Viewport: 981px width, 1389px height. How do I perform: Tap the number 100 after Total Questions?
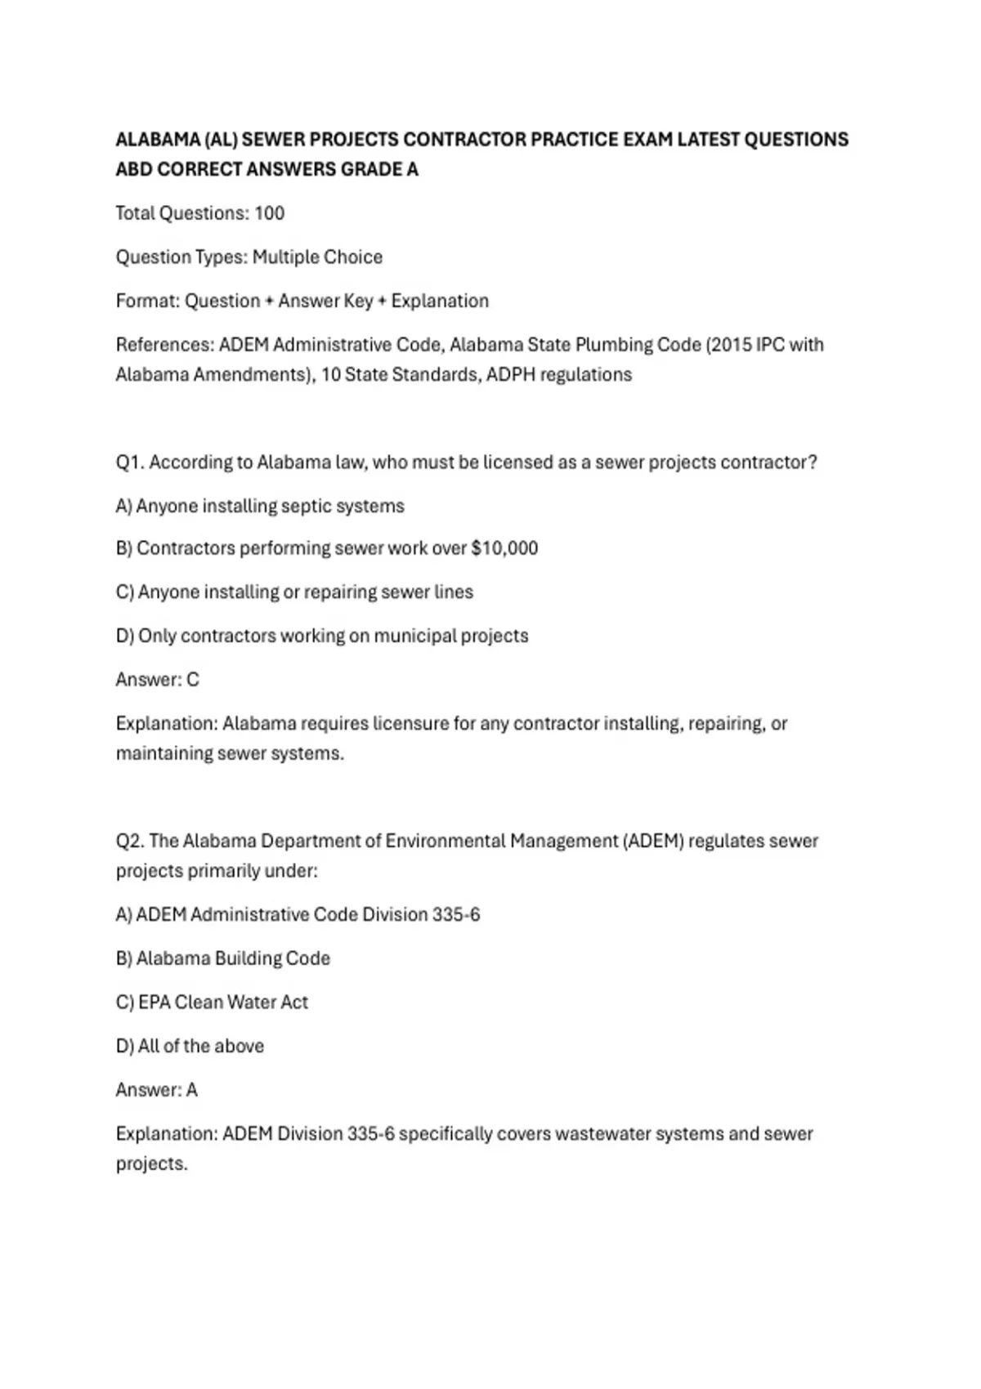click(x=269, y=213)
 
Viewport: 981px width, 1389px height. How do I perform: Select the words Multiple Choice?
click(x=317, y=257)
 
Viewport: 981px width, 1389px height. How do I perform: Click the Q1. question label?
click(x=129, y=462)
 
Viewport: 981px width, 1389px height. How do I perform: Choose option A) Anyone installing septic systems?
click(x=260, y=507)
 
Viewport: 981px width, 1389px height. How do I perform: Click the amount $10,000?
click(x=504, y=548)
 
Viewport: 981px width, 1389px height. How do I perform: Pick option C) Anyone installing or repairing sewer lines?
click(x=294, y=592)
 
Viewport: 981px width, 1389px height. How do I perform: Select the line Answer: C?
click(x=158, y=680)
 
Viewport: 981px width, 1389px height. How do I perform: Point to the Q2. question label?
click(x=129, y=842)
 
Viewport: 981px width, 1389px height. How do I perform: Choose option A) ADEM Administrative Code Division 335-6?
click(x=298, y=915)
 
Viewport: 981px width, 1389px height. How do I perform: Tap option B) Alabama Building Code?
click(x=223, y=958)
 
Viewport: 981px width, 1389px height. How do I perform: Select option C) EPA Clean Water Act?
click(x=212, y=1003)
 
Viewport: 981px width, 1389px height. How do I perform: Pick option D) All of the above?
click(x=190, y=1047)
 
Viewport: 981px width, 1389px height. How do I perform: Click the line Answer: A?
click(x=157, y=1090)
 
